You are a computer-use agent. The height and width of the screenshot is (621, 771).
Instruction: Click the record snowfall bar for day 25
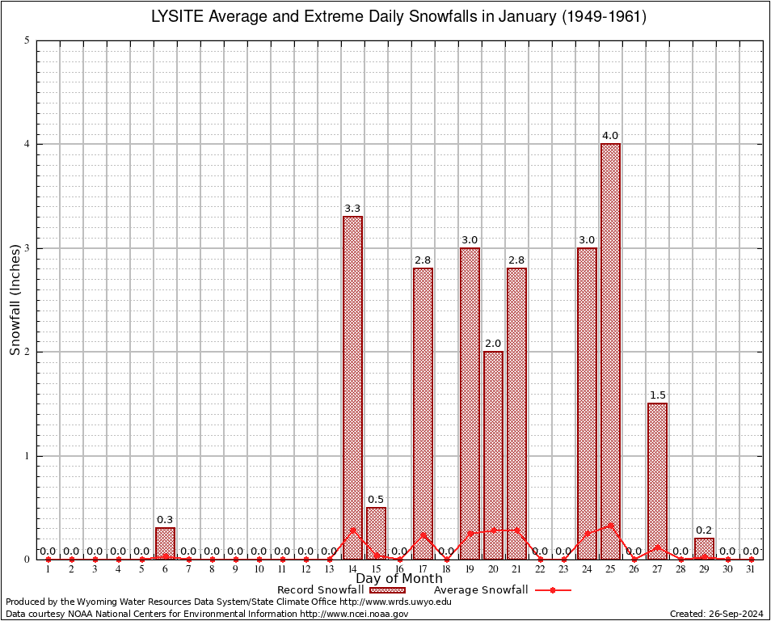[610, 351]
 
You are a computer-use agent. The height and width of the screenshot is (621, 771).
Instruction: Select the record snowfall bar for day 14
[352, 387]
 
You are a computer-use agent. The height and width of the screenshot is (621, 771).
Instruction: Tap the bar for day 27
[657, 480]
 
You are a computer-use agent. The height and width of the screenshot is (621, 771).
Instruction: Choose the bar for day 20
[493, 454]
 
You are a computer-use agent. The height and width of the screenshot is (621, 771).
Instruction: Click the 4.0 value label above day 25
[610, 136]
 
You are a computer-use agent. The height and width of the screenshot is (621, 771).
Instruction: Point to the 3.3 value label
[352, 209]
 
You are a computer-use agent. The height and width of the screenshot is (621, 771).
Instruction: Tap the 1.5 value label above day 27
[657, 395]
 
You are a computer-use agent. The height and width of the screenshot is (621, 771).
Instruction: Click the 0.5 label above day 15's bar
[376, 500]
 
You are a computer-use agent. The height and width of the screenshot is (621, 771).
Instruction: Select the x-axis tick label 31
[751, 570]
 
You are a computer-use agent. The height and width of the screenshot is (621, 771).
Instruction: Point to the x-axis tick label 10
[259, 570]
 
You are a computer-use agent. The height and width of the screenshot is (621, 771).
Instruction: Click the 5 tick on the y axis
[27, 40]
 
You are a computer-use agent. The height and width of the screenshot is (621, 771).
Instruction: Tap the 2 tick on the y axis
[27, 352]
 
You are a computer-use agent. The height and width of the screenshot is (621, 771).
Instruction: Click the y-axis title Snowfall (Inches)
[15, 300]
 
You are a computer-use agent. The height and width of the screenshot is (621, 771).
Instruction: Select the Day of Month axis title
[399, 579]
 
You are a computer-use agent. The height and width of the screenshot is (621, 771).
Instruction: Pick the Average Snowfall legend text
[481, 590]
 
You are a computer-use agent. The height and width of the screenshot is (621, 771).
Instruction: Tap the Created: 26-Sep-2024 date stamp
[717, 614]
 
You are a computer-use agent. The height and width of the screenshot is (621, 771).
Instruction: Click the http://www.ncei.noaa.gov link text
[354, 614]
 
